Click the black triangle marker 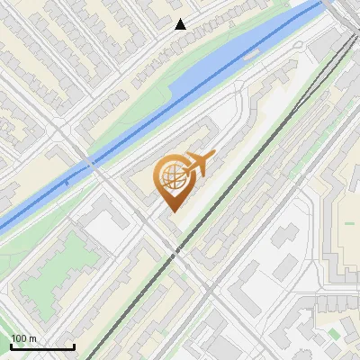click(x=181, y=24)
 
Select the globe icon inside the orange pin click(x=170, y=177)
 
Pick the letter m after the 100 click(x=32, y=338)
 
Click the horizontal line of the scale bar click(x=41, y=346)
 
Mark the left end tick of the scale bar click(x=11, y=345)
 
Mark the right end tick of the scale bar click(x=73, y=345)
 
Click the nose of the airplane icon click(x=212, y=157)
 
